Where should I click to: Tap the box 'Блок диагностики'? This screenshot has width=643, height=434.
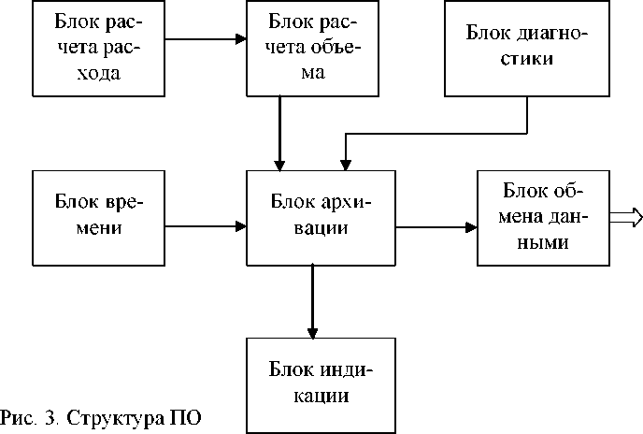(x=526, y=48)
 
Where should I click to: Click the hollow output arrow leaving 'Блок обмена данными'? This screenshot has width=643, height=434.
(x=626, y=217)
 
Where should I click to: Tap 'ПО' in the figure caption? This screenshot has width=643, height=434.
(x=183, y=415)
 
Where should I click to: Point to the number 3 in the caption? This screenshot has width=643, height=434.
(x=50, y=415)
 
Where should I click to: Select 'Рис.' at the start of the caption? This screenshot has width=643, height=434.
(x=20, y=415)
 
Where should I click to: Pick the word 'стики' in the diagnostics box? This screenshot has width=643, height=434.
(x=526, y=58)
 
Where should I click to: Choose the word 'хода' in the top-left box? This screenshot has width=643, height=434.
(x=97, y=72)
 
